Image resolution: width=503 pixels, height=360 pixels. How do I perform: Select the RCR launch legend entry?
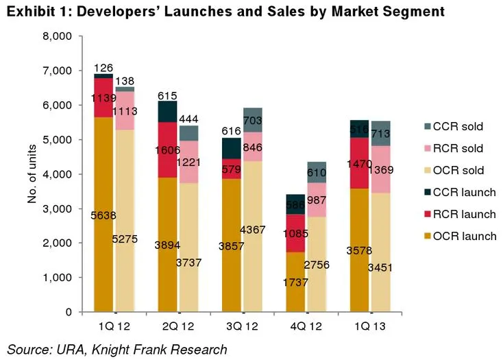(456, 214)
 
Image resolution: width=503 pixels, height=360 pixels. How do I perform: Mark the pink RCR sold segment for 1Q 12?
(125, 110)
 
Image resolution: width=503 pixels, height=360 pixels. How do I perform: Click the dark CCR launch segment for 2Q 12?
(168, 112)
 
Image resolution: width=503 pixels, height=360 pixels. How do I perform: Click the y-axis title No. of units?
(32, 174)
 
